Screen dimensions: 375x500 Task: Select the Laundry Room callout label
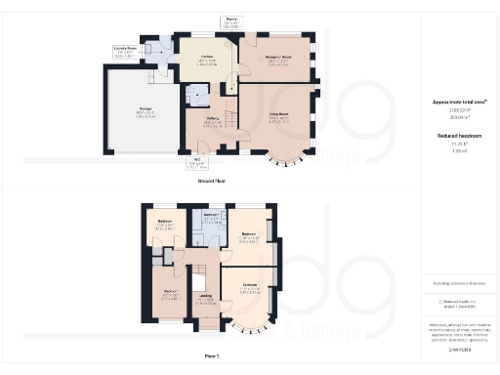125,48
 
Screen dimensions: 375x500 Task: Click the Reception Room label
279,59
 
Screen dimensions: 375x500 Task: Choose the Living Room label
278,119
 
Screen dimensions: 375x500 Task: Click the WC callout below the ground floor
196,163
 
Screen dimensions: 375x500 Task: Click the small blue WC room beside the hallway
196,95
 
